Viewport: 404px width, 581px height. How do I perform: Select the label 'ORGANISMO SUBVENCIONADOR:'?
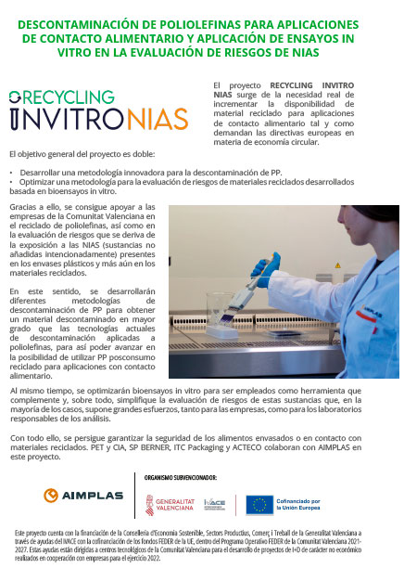tap(175, 476)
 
